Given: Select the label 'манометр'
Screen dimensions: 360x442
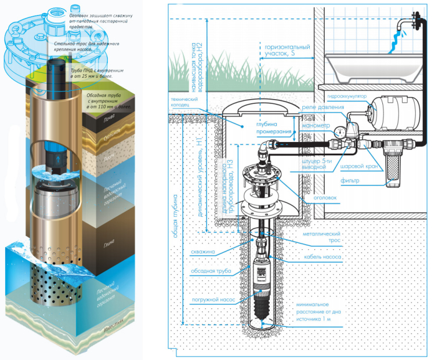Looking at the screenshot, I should pyautogui.click(x=315, y=125).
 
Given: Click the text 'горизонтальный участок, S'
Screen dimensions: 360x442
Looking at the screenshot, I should pyautogui.click(x=287, y=50).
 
